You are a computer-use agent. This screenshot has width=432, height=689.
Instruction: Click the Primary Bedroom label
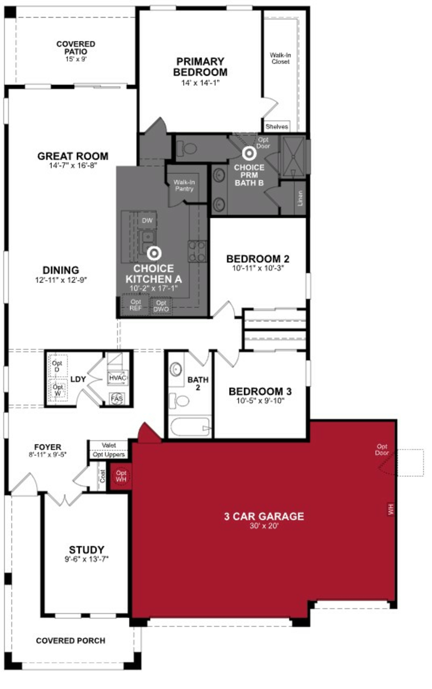[200, 67]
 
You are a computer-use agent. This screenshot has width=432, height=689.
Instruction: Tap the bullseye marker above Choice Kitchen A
[154, 253]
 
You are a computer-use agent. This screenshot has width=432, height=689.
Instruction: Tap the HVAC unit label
[117, 378]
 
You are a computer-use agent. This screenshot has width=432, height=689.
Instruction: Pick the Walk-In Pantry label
[184, 185]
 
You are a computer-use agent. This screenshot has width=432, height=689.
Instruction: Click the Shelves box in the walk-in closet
[276, 127]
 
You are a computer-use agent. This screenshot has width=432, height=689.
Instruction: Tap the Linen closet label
[300, 198]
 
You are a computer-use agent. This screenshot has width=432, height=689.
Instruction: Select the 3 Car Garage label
[264, 516]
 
